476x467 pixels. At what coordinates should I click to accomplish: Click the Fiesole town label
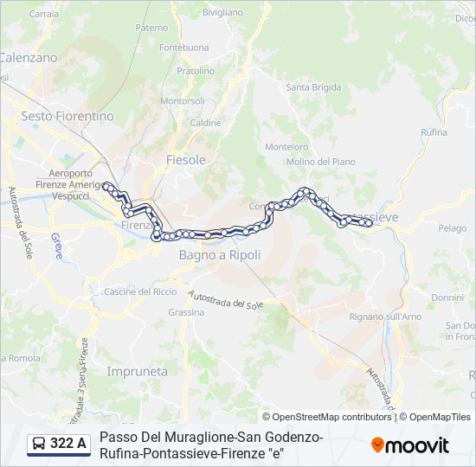(x=186, y=160)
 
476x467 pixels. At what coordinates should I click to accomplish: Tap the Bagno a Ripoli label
(x=220, y=255)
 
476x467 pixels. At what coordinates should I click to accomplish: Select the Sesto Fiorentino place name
(x=68, y=116)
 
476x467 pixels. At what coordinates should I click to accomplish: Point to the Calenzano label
(x=28, y=57)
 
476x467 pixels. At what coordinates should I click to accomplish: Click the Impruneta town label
(x=137, y=371)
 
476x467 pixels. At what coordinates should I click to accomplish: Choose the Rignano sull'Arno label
(x=385, y=317)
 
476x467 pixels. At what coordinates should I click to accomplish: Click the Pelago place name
(x=452, y=228)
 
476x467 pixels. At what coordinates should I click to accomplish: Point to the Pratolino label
(x=196, y=71)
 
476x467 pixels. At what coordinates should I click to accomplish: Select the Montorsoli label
(x=183, y=101)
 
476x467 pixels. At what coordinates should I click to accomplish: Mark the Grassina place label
(x=186, y=311)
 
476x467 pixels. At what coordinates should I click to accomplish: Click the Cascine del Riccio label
(x=140, y=291)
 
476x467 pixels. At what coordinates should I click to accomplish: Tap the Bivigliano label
(x=222, y=13)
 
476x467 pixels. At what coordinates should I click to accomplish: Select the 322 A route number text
(x=68, y=444)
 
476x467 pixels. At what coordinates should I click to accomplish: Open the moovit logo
(x=410, y=445)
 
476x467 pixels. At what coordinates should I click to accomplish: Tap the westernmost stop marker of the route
(x=106, y=186)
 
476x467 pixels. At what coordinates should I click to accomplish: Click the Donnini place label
(x=447, y=297)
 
